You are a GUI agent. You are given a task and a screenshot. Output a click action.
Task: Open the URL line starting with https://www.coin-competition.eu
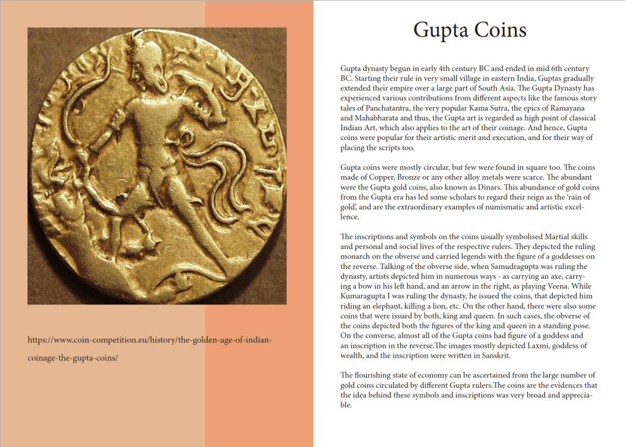[150, 339]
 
